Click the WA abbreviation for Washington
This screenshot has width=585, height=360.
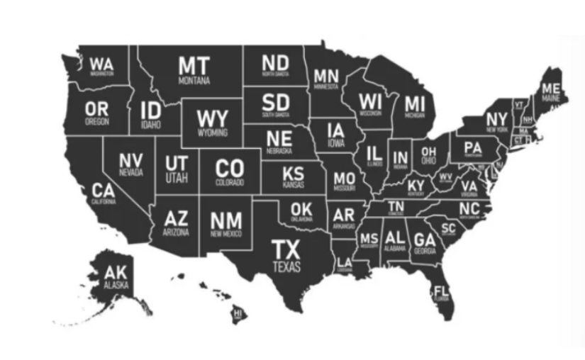101,62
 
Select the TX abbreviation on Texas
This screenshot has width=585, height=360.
286,250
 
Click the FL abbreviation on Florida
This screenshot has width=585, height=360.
441,291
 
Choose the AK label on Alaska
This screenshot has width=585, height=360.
116,273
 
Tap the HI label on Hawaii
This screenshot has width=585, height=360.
238,312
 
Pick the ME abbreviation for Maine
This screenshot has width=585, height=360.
551,89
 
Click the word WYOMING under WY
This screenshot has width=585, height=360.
213,133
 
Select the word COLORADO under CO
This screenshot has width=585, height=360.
230,183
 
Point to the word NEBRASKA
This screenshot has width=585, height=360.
279,151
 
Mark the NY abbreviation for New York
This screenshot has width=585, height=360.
496,119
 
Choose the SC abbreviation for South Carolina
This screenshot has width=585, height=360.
448,227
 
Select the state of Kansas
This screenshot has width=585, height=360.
293,177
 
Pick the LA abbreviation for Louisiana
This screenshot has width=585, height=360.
345,262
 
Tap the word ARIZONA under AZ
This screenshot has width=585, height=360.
176,232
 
